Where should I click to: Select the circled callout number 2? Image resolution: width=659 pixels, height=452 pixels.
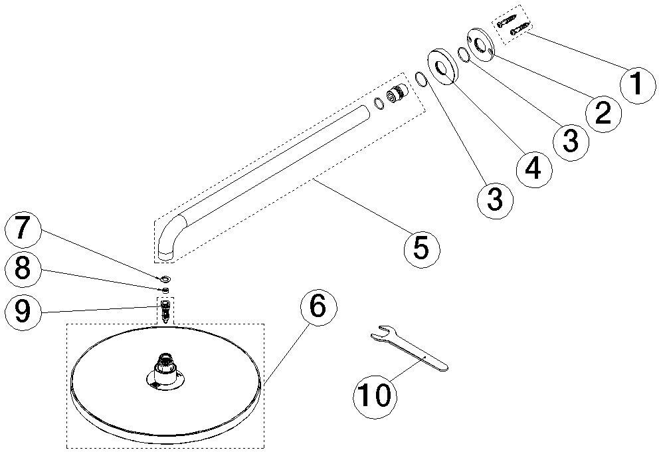pos(603,114)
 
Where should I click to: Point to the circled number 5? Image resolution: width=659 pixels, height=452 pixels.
pos(422,249)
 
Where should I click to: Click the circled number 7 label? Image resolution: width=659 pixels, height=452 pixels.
pos(23,231)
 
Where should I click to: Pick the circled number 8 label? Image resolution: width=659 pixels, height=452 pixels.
pos(23,269)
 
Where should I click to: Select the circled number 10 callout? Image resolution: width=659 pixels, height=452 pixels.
pos(373,395)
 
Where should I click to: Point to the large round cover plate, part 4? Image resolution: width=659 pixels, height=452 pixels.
pos(444,67)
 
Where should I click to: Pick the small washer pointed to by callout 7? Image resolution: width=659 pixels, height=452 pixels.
pos(165,278)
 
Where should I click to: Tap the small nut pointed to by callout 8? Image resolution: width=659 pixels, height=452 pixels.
pos(165,290)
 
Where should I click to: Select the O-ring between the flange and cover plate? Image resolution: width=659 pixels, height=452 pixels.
pos(463,55)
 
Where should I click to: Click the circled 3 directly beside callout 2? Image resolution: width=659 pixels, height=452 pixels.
pos(571,142)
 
